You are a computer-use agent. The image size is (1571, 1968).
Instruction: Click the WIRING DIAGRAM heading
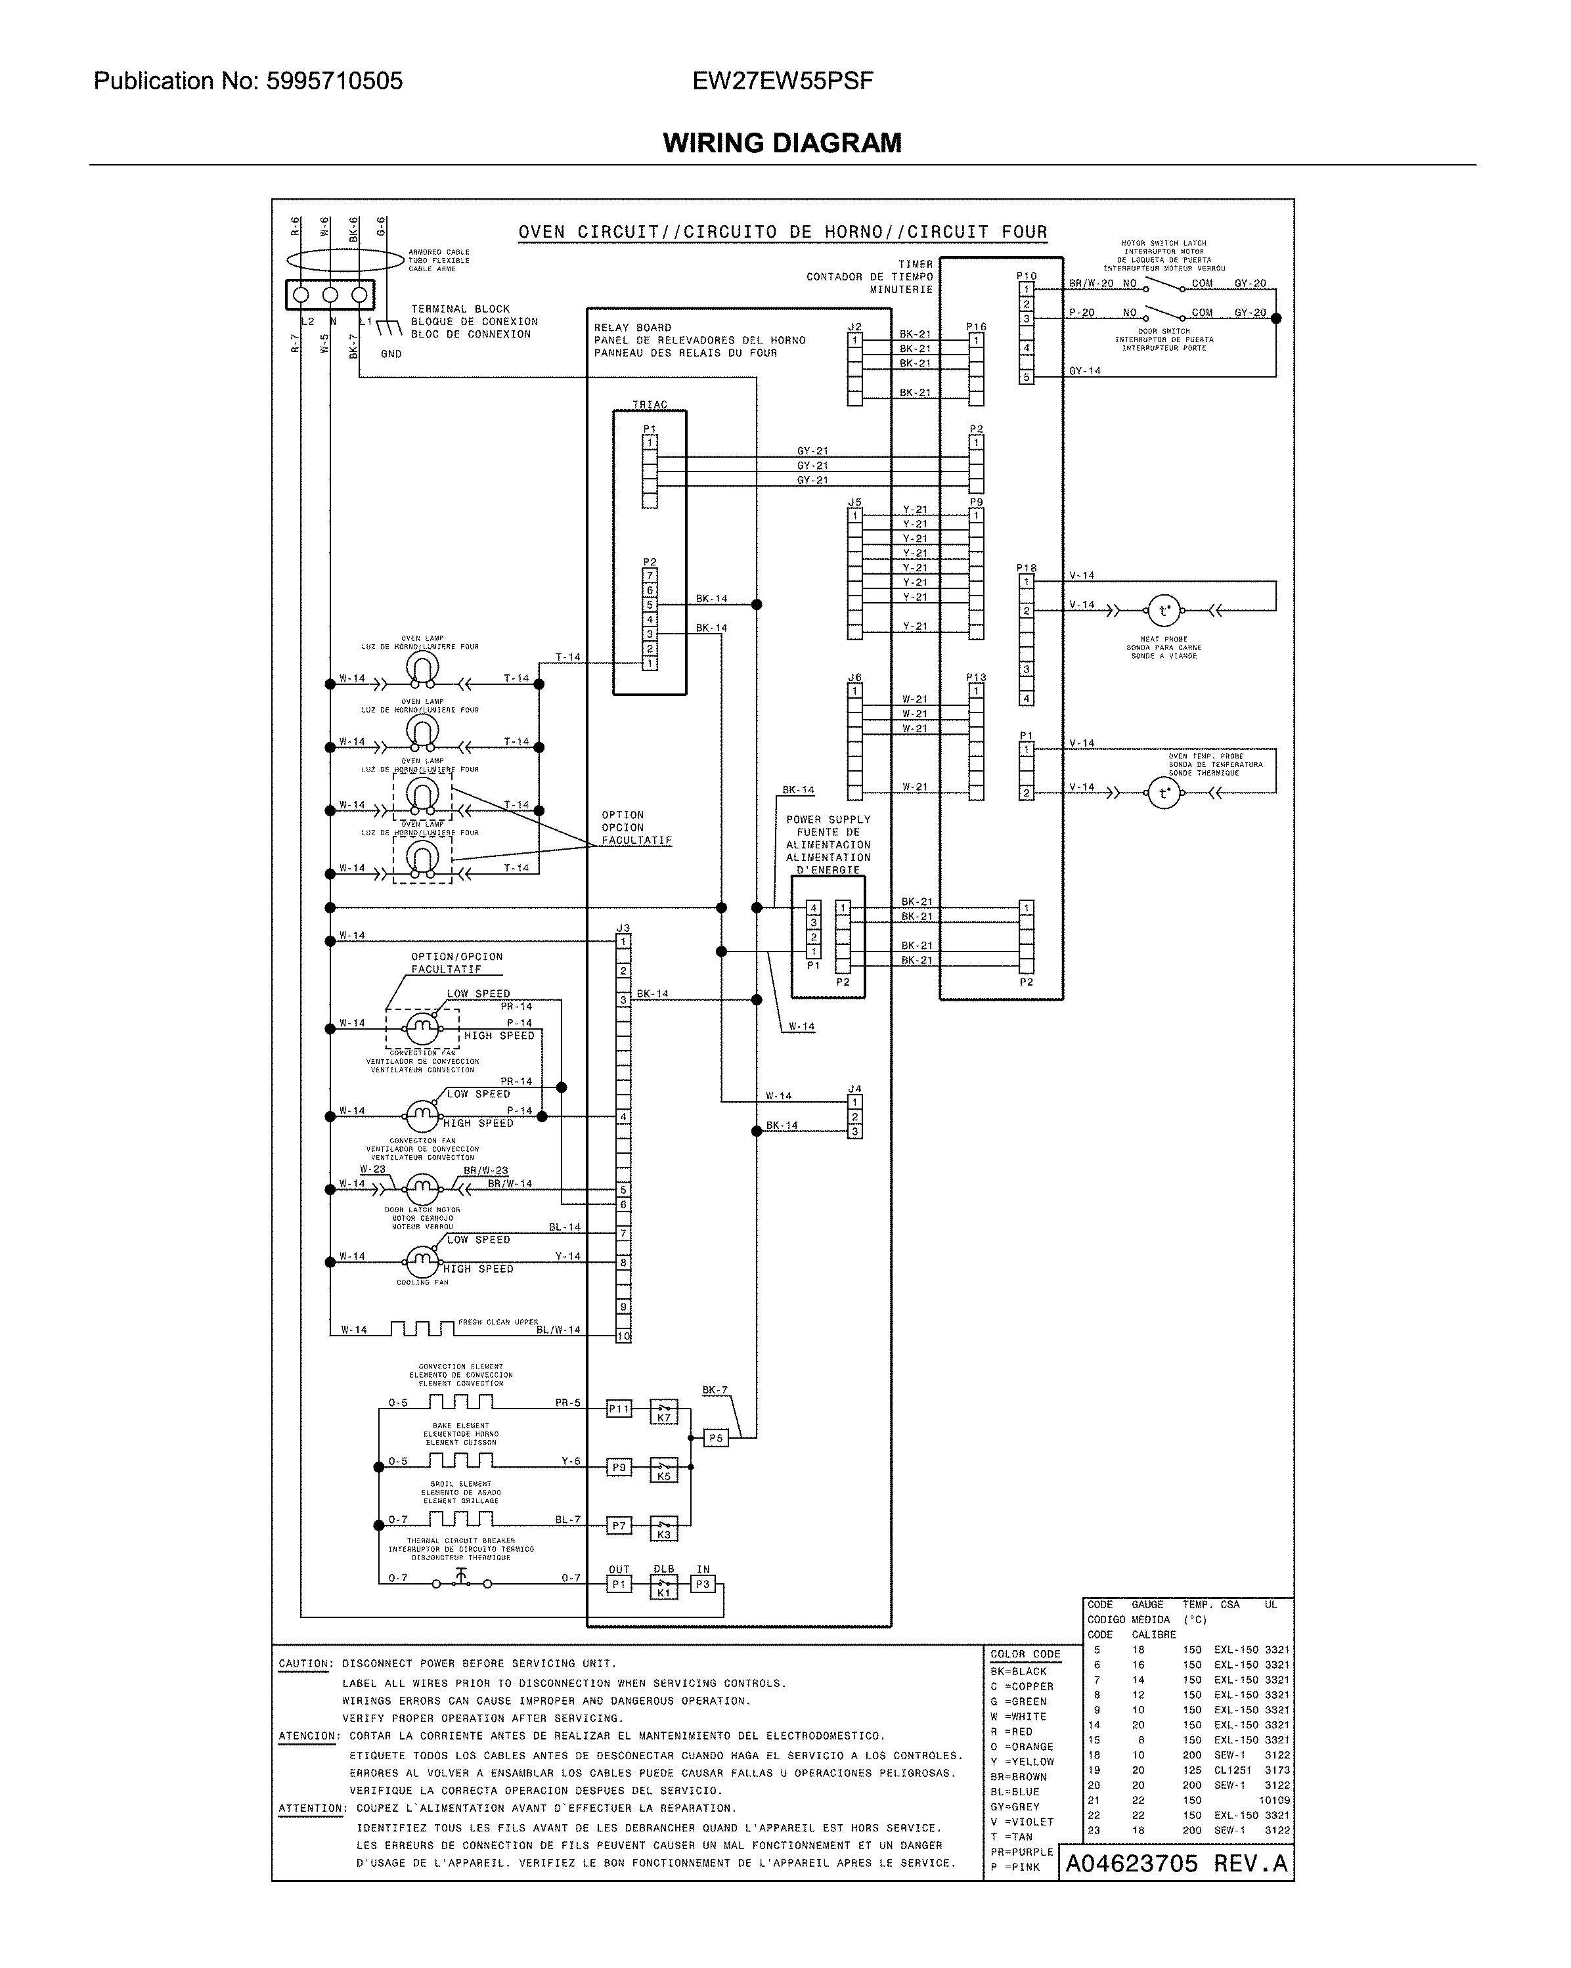pyautogui.click(x=782, y=142)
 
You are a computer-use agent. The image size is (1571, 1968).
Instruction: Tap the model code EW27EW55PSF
pyautogui.click(x=782, y=81)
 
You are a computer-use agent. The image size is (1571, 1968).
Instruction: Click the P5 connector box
pyautogui.click(x=716, y=1439)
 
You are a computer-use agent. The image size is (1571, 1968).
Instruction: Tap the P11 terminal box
pyautogui.click(x=619, y=1409)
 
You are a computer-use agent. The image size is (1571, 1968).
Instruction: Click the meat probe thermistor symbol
pyautogui.click(x=1163, y=611)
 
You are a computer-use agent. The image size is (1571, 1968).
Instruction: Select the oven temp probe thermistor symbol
pyautogui.click(x=1163, y=793)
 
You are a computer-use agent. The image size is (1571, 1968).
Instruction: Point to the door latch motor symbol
pyautogui.click(x=422, y=1189)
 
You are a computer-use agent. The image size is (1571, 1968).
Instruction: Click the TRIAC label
pyautogui.click(x=650, y=405)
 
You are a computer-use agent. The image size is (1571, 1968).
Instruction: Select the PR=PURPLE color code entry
pyautogui.click(x=1021, y=1852)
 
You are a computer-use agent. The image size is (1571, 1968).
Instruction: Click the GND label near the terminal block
pyautogui.click(x=391, y=354)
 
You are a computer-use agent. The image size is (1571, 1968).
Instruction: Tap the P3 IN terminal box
pyautogui.click(x=703, y=1585)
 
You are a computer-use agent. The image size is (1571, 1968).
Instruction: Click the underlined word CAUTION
pyautogui.click(x=305, y=1664)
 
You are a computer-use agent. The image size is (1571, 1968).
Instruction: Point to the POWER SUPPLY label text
pyautogui.click(x=828, y=820)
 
